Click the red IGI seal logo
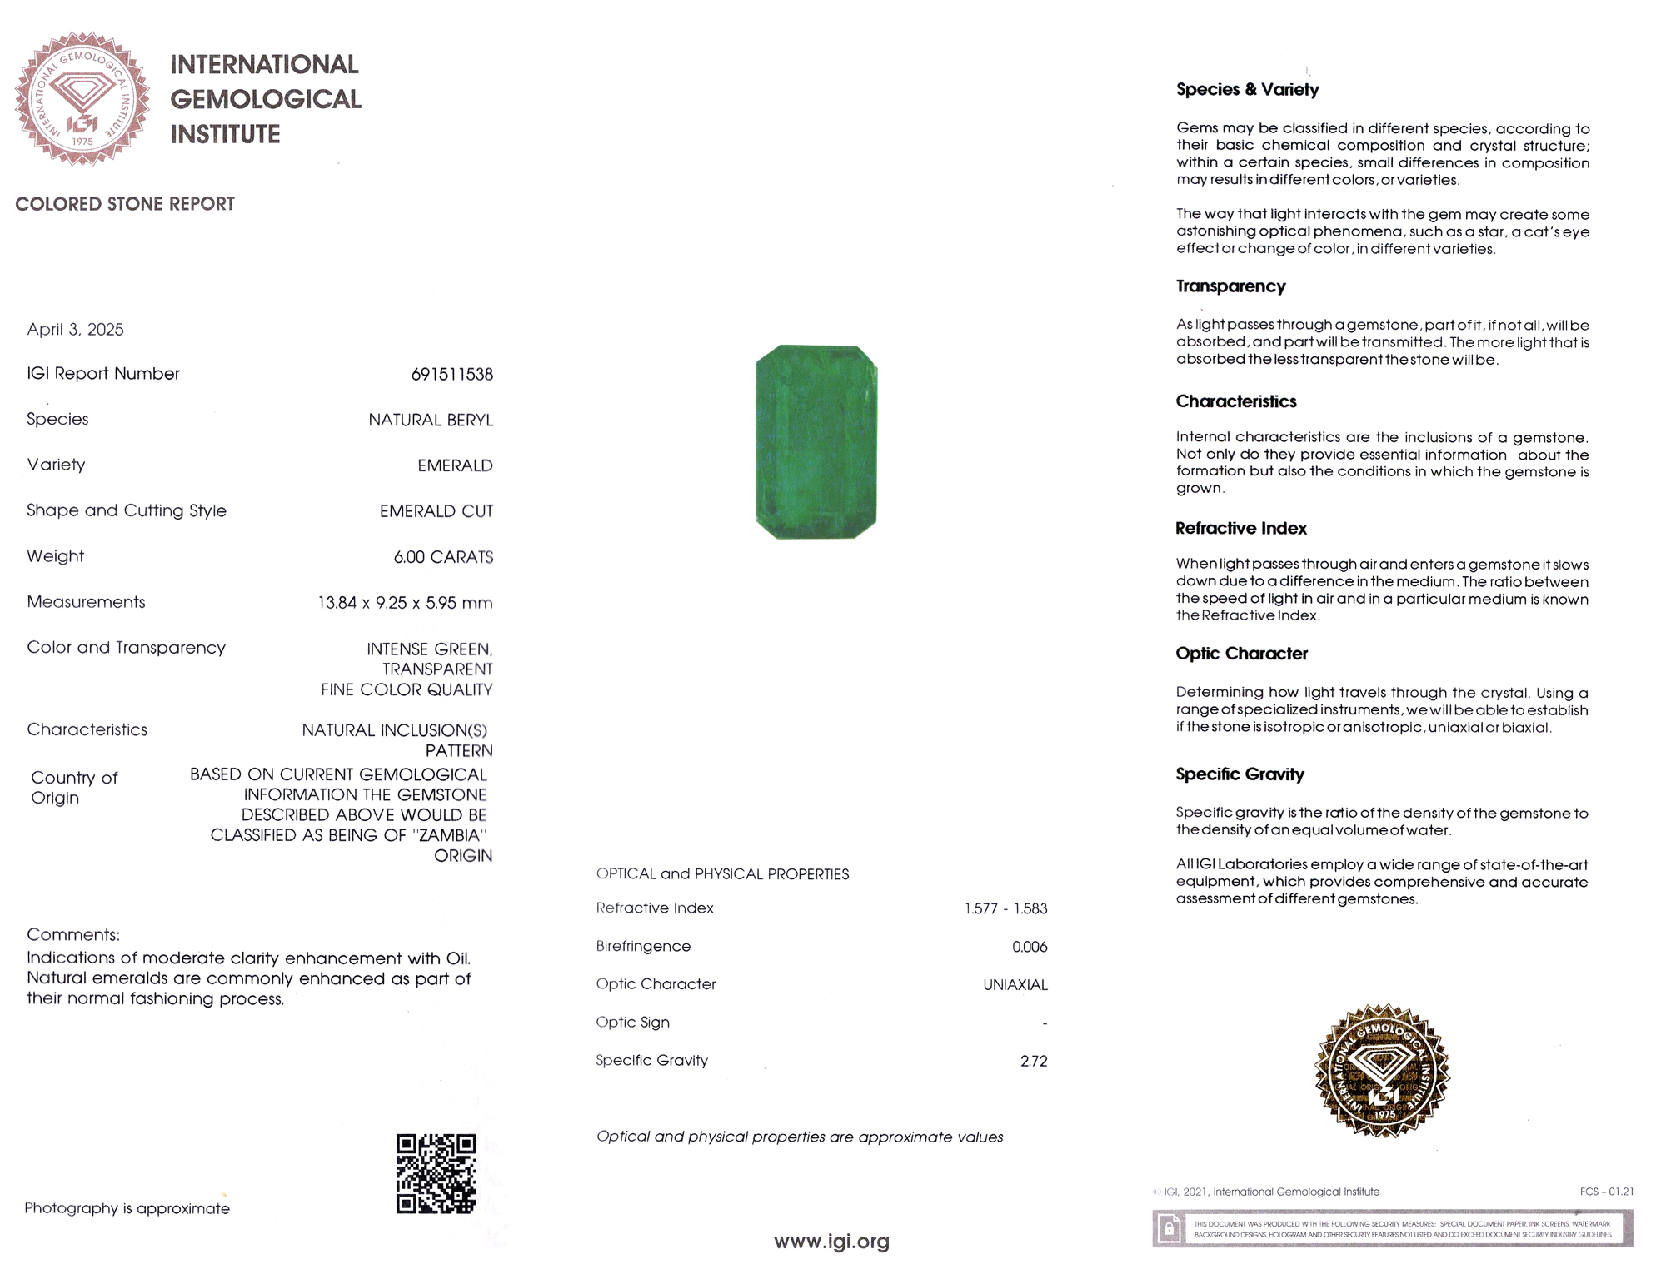click(x=82, y=98)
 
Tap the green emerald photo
click(x=816, y=441)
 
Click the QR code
click(x=436, y=1173)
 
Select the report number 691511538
click(x=451, y=375)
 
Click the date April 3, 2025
click(x=75, y=330)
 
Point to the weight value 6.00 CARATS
click(x=443, y=557)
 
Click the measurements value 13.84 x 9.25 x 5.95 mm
click(x=405, y=603)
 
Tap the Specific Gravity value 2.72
click(x=1034, y=1061)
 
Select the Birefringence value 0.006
click(x=1030, y=947)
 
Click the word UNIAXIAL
click(x=1015, y=985)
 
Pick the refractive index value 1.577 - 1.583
click(x=1005, y=908)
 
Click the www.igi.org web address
click(x=831, y=1242)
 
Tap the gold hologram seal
click(x=1382, y=1071)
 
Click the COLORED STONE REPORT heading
click(x=125, y=204)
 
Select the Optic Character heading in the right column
click(x=1241, y=654)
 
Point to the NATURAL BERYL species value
click(x=431, y=421)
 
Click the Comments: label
click(x=73, y=934)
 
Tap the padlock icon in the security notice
click(x=1169, y=1228)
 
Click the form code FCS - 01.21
click(x=1606, y=1192)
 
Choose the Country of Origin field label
click(x=74, y=788)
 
